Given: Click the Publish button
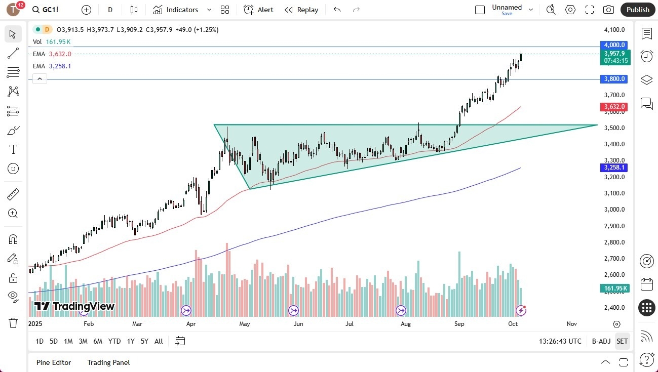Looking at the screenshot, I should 637,10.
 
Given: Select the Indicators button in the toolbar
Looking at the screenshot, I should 176,10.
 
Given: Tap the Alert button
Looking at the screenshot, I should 258,10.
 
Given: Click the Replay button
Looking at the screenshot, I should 301,10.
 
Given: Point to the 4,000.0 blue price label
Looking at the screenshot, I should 614,45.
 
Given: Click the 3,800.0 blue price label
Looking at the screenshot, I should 614,79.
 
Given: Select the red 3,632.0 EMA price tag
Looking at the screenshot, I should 614,107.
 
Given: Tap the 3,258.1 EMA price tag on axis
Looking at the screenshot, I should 614,168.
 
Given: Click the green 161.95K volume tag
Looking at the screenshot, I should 614,288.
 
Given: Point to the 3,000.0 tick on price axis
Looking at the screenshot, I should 614,210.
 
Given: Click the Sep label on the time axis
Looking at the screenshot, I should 459,324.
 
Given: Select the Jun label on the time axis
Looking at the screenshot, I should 298,324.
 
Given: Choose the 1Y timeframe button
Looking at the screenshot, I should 131,341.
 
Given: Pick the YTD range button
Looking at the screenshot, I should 114,341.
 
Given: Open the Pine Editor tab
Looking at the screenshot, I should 54,362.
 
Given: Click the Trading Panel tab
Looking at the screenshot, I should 108,362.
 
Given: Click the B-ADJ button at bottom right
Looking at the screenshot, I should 601,341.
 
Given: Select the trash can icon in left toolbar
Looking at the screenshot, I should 13,323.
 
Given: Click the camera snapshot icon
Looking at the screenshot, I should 608,10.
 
